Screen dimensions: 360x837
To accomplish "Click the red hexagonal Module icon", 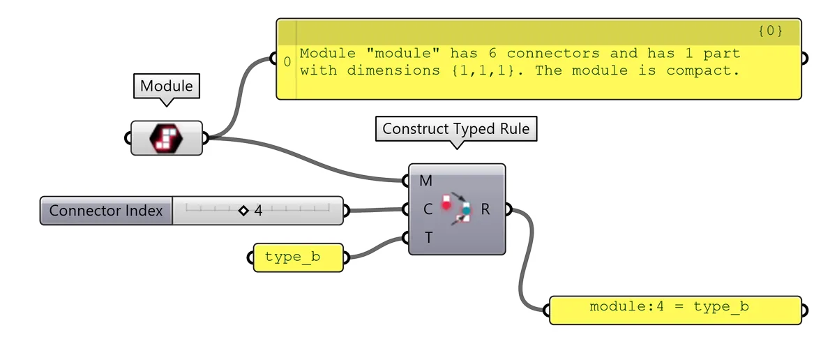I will coord(166,137).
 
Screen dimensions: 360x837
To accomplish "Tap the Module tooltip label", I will coord(166,87).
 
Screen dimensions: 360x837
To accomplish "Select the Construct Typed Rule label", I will coord(456,128).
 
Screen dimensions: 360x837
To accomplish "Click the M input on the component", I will coord(425,181).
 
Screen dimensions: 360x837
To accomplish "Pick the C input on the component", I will coord(426,209).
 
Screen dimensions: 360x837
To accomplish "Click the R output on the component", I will coord(485,209).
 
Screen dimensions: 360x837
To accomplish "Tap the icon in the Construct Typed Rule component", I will coord(457,209).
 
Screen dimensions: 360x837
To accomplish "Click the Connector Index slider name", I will coord(106,211).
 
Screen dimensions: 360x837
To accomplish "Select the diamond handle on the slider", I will coord(243,211).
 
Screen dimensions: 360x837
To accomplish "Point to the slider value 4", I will coord(258,211).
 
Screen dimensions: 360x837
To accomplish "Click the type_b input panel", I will coord(293,257).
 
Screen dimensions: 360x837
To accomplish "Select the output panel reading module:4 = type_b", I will coord(670,307).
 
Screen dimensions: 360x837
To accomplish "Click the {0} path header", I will coord(769,31).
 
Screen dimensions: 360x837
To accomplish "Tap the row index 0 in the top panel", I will coord(287,62).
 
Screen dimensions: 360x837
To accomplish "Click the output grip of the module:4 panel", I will coord(804,310).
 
